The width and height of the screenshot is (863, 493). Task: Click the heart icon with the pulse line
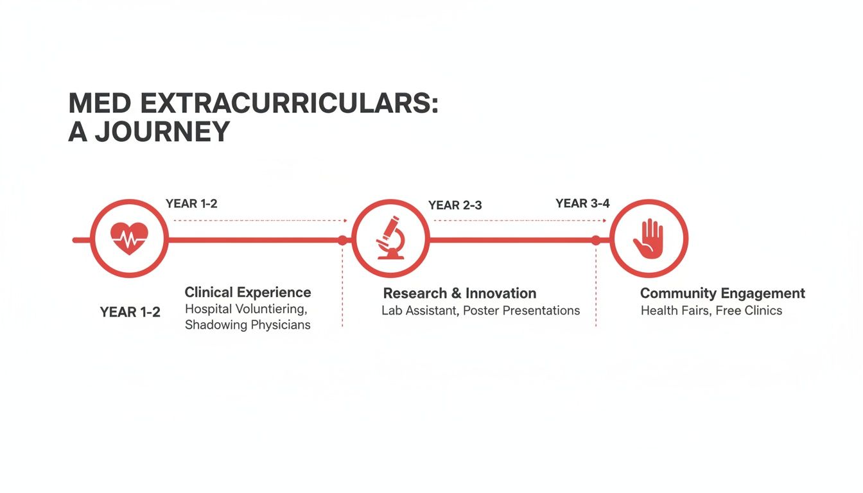pyautogui.click(x=129, y=238)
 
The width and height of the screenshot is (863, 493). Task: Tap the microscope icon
pyautogui.click(x=390, y=238)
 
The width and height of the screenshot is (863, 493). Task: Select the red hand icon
pyautogui.click(x=648, y=238)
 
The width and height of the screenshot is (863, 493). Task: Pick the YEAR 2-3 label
pyautogui.click(x=455, y=205)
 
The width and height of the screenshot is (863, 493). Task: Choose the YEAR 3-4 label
pyautogui.click(x=582, y=203)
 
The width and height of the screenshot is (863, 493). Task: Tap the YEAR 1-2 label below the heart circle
pyautogui.click(x=130, y=313)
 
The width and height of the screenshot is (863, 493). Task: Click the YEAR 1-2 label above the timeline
pyautogui.click(x=191, y=203)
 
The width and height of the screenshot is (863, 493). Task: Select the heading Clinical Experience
pyautogui.click(x=248, y=293)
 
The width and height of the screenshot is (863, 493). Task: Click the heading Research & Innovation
pyautogui.click(x=459, y=293)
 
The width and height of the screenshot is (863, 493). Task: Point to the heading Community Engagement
pyautogui.click(x=722, y=293)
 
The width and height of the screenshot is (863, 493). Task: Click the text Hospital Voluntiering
pyautogui.click(x=247, y=309)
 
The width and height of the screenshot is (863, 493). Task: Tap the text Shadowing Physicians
pyautogui.click(x=248, y=325)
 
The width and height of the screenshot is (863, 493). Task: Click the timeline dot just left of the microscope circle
pyautogui.click(x=342, y=240)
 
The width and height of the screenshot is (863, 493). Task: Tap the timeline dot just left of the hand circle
pyautogui.click(x=596, y=240)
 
